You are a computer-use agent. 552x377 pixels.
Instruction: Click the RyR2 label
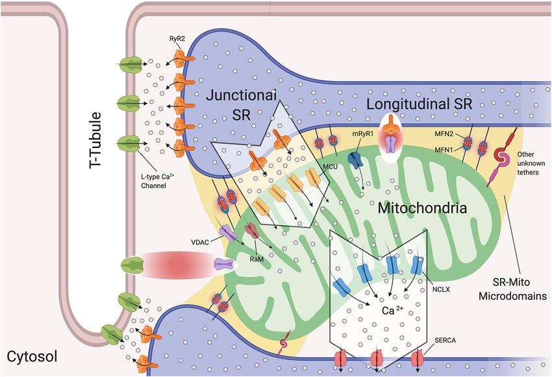177,39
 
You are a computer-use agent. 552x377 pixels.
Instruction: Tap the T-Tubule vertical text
95,140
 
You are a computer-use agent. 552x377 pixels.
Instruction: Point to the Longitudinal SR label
420,104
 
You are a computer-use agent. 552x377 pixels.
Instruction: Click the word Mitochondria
423,208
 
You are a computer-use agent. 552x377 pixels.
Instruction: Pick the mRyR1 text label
362,134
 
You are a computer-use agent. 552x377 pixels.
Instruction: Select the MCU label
330,166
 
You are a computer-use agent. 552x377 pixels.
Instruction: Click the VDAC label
200,242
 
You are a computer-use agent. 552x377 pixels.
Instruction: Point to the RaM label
257,259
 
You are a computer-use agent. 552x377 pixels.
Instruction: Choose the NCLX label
441,289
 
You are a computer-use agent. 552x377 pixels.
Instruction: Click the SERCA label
445,341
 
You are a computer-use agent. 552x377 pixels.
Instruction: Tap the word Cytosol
32,357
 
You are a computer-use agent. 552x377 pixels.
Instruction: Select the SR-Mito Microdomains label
512,289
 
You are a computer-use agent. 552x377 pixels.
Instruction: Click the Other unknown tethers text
528,163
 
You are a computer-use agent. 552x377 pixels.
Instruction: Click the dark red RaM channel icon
252,230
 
